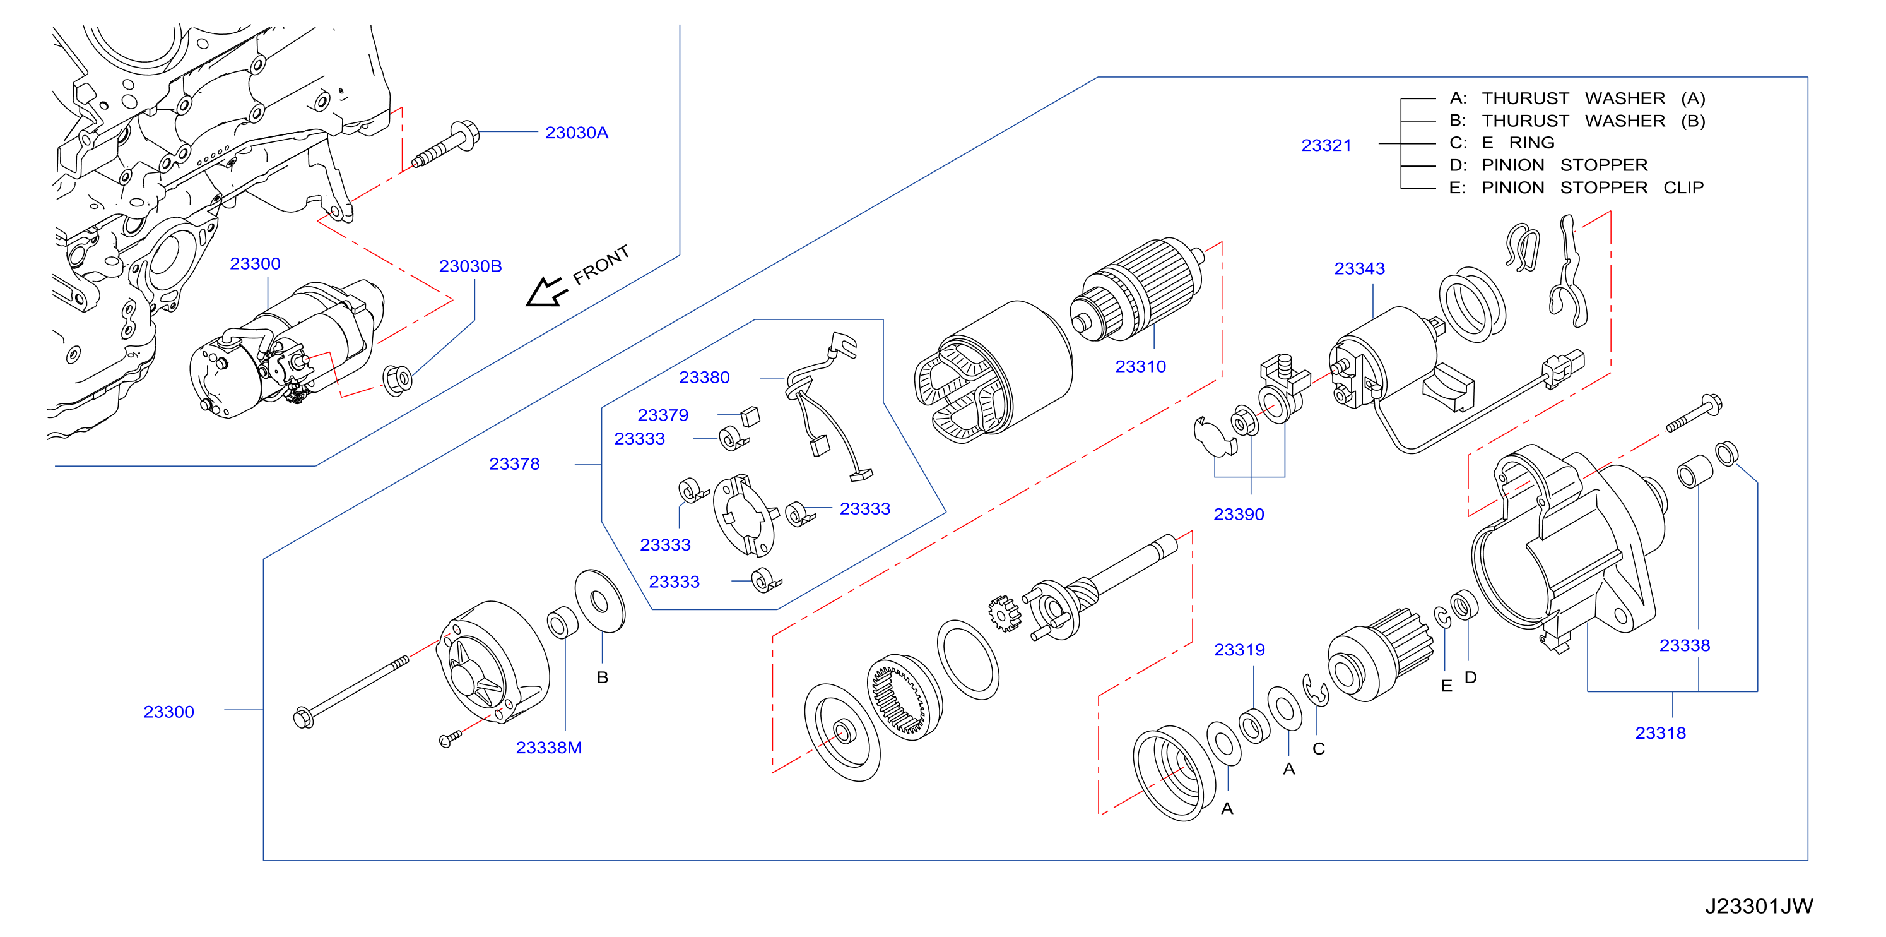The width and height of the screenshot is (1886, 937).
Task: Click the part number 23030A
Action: (x=576, y=133)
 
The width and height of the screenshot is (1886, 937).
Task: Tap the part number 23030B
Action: (x=470, y=266)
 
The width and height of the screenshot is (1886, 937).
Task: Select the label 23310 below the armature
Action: (x=1140, y=366)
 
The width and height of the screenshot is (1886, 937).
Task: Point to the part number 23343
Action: (x=1359, y=268)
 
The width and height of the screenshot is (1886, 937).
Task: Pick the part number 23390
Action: (x=1238, y=515)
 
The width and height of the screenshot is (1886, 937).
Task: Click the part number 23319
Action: (x=1239, y=649)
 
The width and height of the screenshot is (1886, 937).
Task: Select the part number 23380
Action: (x=704, y=378)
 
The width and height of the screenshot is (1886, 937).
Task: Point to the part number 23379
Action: (x=663, y=415)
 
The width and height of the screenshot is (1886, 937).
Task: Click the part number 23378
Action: (x=514, y=463)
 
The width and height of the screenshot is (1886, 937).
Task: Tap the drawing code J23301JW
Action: (x=1759, y=906)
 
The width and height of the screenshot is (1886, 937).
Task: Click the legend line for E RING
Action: (x=1502, y=143)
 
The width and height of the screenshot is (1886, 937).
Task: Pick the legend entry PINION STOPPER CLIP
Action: (x=1576, y=188)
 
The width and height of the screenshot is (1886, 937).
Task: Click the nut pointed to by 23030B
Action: (x=398, y=379)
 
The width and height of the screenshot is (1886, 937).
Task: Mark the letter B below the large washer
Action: (x=602, y=677)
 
